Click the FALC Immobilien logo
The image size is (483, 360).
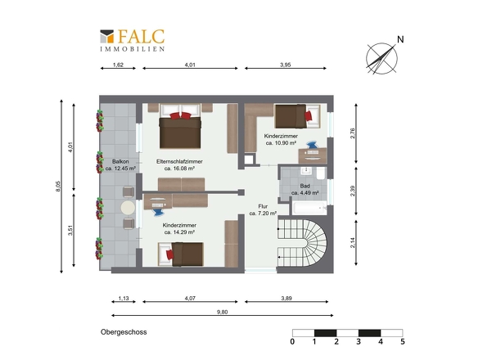tap(132, 40)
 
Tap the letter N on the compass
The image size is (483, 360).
tap(400, 39)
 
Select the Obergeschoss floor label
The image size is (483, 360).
tap(124, 332)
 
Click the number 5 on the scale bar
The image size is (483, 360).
tap(402, 341)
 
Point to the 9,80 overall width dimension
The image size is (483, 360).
tap(222, 312)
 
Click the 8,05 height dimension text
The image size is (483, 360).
tap(58, 187)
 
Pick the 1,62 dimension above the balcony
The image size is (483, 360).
tap(118, 65)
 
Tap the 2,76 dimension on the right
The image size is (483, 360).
tap(353, 133)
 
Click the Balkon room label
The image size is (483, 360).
tap(120, 161)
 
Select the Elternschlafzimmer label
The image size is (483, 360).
tap(179, 161)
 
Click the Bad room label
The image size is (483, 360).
tap(305, 186)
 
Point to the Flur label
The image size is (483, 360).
tap(263, 206)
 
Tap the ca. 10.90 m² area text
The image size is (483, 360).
tap(281, 143)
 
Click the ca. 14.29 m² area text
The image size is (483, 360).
tap(179, 232)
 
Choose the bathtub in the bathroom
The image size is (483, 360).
tap(309, 208)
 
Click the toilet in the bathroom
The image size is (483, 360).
tap(321, 173)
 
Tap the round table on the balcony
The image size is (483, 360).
tap(128, 208)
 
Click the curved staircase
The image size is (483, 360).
tap(303, 243)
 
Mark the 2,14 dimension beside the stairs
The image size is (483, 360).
tap(353, 243)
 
